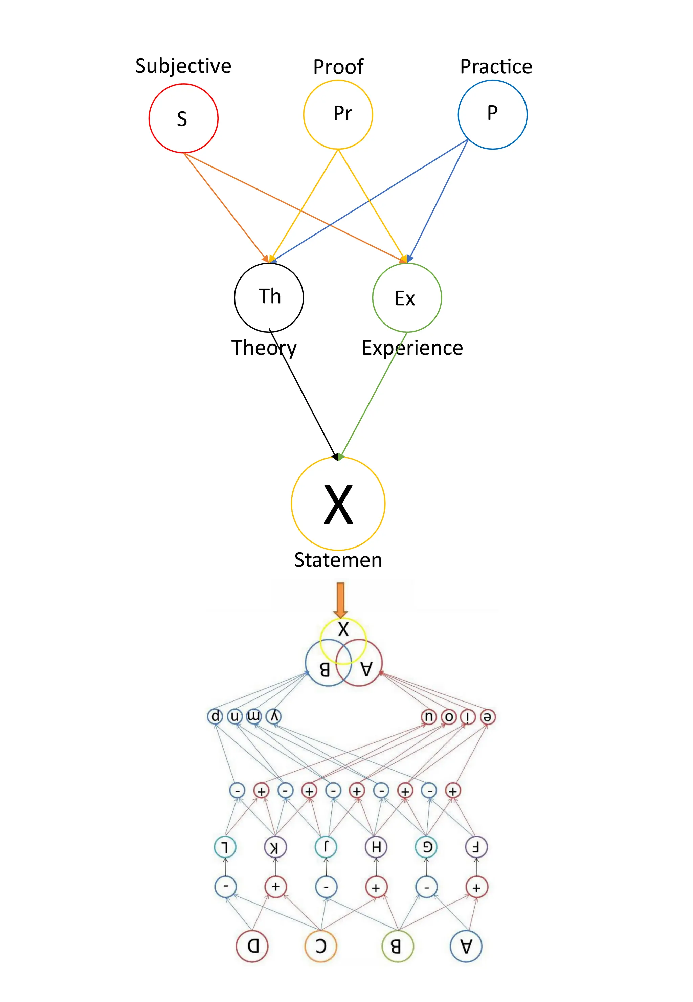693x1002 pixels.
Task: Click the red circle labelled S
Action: (x=183, y=118)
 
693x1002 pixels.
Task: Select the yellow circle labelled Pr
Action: (x=338, y=114)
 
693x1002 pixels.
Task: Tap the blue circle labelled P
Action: (x=492, y=114)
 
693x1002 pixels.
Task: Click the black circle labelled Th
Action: (x=269, y=297)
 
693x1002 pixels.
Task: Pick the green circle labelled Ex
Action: (x=407, y=297)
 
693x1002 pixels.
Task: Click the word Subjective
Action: (x=183, y=66)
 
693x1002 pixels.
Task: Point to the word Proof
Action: (x=338, y=67)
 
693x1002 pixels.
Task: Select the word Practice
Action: (x=496, y=67)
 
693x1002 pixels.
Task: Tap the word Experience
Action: (x=412, y=348)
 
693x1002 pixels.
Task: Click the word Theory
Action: (x=264, y=348)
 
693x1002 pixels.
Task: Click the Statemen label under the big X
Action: (x=338, y=560)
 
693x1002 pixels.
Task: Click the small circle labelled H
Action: (x=376, y=847)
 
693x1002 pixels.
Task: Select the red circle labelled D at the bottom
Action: (x=252, y=945)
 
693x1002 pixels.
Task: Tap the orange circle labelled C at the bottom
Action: (x=320, y=945)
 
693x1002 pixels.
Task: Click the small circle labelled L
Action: (x=225, y=847)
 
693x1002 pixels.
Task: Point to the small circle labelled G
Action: (x=426, y=847)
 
